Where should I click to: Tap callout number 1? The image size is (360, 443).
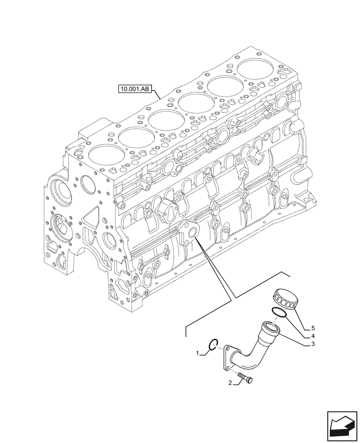click(x=198, y=353)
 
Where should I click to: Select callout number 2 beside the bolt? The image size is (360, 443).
click(x=231, y=383)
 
